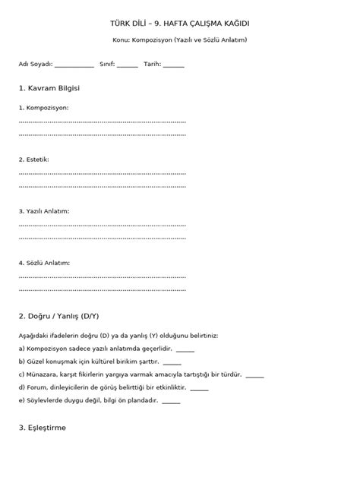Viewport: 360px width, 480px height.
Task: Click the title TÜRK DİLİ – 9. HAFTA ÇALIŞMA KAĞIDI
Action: tap(180, 24)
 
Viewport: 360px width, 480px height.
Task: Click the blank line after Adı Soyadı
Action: tap(74, 66)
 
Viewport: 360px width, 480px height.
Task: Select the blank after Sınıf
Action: tap(128, 66)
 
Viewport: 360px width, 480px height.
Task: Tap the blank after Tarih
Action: tap(174, 66)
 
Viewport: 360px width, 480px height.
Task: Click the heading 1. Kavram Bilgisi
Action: tap(49, 88)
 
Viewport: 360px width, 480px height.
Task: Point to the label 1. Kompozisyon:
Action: tap(43, 108)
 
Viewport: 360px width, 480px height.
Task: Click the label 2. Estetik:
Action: tap(34, 159)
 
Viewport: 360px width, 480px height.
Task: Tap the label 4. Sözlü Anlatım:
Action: tap(44, 263)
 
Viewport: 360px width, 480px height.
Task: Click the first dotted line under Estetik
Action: tap(102, 173)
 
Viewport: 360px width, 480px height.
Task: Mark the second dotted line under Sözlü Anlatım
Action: tap(102, 289)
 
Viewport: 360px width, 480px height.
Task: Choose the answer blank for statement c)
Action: tap(255, 375)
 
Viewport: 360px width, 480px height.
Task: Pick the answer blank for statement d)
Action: tap(200, 388)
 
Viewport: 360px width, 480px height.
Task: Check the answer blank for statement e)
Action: tap(171, 401)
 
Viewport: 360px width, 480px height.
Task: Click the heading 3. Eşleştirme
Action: tap(43, 428)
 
